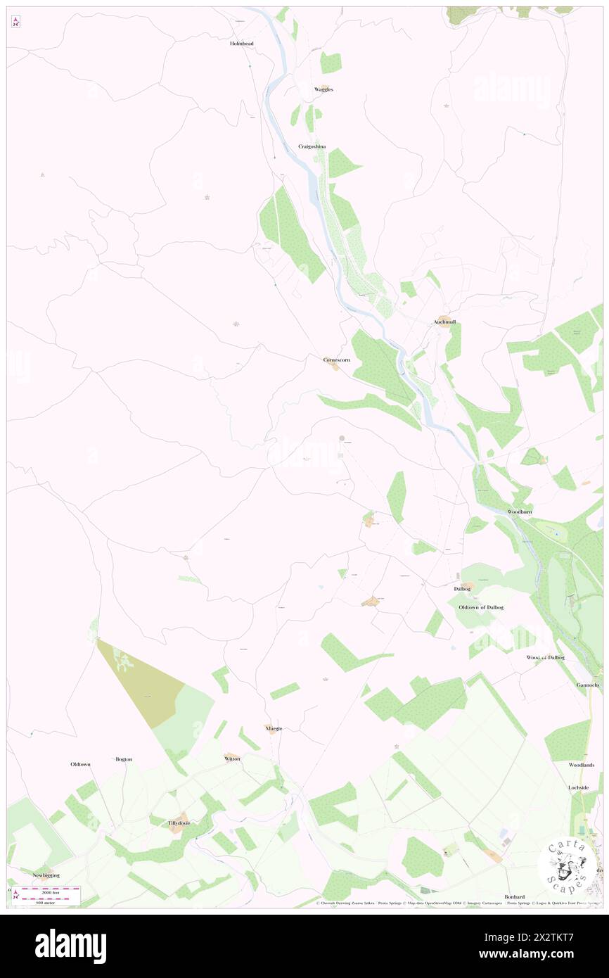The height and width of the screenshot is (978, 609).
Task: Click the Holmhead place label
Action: [241, 44]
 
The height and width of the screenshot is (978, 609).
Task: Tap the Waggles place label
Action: [323, 90]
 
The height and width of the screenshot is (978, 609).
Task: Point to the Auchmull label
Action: [444, 322]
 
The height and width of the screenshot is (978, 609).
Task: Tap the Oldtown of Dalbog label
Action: [481, 607]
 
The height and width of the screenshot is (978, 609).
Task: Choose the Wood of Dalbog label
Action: [546, 657]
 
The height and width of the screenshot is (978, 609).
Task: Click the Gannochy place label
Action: [587, 685]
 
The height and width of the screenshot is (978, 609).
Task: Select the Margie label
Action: [274, 728]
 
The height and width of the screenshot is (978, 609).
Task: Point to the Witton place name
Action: [232, 758]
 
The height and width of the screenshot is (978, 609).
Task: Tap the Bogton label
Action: [123, 759]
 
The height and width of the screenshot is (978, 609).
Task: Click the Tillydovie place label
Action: [179, 823]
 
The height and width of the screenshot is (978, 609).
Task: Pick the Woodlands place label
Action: [582, 765]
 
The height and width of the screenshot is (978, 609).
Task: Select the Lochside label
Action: [578, 787]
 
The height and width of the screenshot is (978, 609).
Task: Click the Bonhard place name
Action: [514, 896]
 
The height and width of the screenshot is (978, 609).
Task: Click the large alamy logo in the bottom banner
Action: [70, 946]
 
